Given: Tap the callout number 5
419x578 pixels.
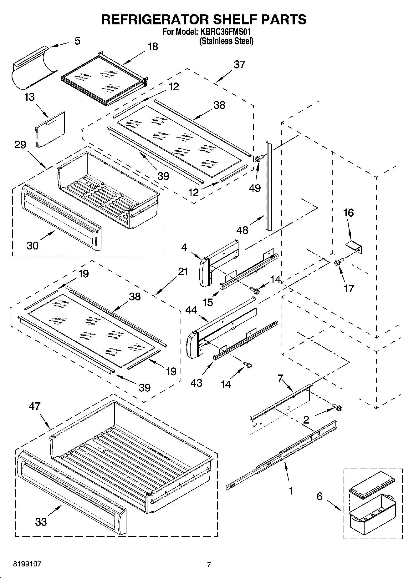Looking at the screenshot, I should [x=77, y=41].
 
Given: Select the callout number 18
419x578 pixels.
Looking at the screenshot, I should [x=152, y=47].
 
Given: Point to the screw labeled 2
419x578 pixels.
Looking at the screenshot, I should [x=337, y=407].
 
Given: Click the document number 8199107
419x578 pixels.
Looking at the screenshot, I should [x=27, y=564].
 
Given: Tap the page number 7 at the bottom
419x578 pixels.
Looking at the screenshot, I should [x=209, y=564].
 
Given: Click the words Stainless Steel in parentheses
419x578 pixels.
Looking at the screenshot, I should [x=226, y=41].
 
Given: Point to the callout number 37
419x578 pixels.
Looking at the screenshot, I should [x=239, y=64].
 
